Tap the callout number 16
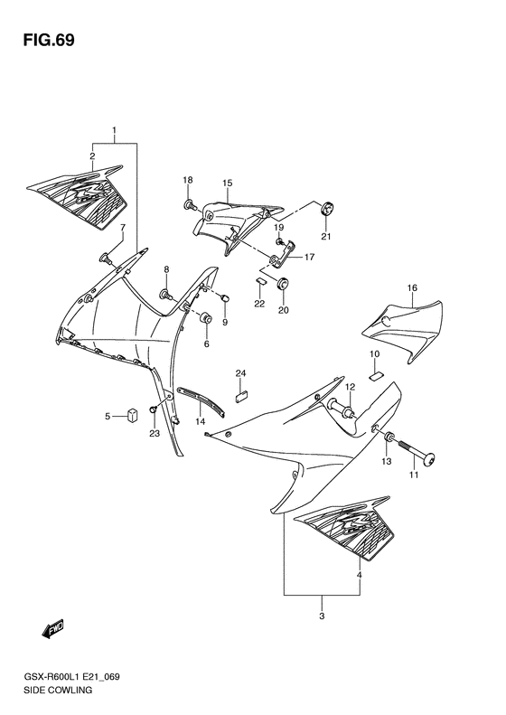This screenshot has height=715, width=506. [x=412, y=288]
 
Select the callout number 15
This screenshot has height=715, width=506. [x=228, y=183]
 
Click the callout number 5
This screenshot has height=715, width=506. [x=107, y=416]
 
